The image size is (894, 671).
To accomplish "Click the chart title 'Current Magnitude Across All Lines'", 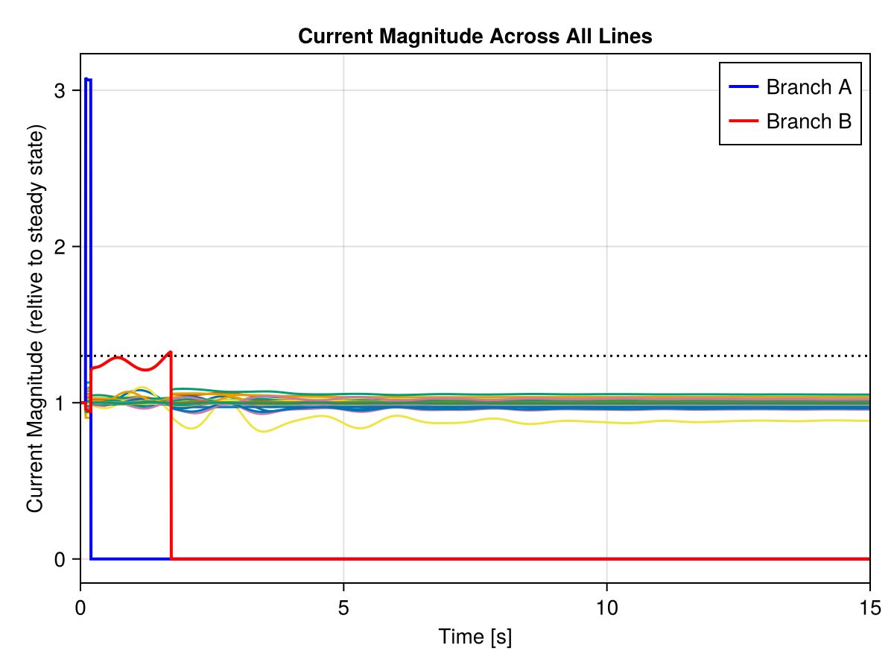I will point(475,36).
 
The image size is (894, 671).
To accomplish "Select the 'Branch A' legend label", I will point(808,87).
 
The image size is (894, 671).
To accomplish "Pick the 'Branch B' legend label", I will point(808,121).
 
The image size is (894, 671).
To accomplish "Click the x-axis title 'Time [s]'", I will point(475,637).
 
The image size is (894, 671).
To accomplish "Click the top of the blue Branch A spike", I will point(88,79).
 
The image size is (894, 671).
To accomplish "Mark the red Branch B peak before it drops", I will point(171,352).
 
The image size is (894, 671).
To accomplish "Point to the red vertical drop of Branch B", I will point(171,462).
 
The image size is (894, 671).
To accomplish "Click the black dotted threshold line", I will point(521,356).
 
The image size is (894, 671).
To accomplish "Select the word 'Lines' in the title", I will point(629,36).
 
